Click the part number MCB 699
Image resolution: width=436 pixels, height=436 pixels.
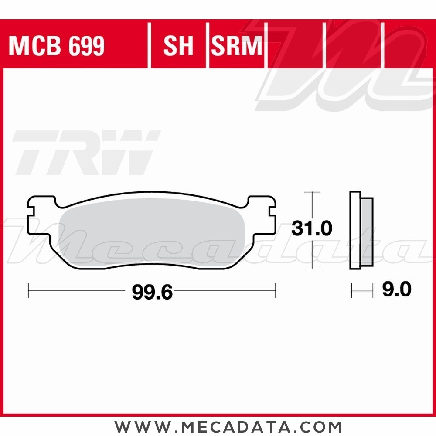tap(57, 46)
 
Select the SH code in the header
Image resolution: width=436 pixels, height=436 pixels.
tap(178, 46)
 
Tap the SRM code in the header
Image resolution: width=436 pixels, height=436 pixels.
tap(237, 46)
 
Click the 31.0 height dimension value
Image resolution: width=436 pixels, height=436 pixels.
tap(312, 228)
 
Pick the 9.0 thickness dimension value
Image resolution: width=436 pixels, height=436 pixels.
tap(396, 290)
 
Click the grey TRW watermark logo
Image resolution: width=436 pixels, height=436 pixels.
tap(85, 153)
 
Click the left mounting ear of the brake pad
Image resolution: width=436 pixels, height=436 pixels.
tap(41, 214)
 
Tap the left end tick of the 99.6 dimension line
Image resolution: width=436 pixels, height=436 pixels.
tap(28, 290)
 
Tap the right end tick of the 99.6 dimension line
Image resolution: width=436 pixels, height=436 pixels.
tap(276, 290)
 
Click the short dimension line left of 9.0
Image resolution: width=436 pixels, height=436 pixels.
tap(362, 290)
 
